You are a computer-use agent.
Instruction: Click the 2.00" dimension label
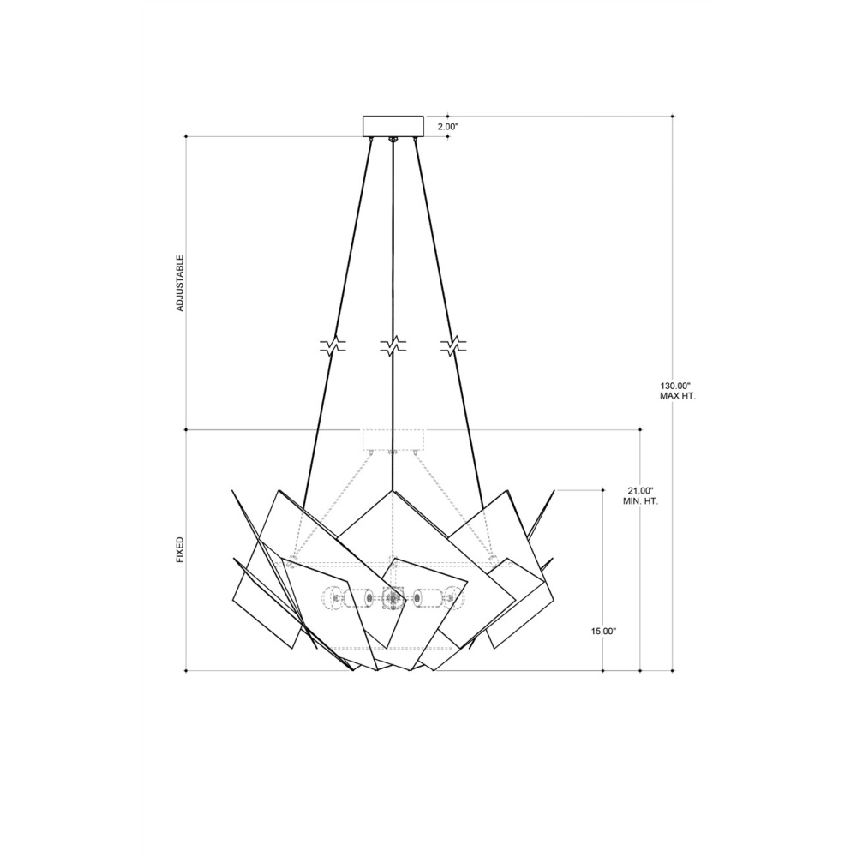(x=447, y=127)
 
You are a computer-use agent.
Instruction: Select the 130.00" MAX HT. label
(x=677, y=391)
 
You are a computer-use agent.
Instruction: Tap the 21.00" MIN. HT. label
(x=640, y=495)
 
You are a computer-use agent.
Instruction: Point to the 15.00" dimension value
(x=603, y=631)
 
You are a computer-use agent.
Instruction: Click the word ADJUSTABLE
(x=180, y=283)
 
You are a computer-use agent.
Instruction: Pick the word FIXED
(x=180, y=550)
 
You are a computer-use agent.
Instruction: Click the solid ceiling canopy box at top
(x=393, y=126)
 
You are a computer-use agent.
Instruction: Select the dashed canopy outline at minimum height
(x=393, y=440)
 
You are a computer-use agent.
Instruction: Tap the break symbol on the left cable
(x=333, y=345)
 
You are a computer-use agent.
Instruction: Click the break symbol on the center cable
(x=393, y=345)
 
